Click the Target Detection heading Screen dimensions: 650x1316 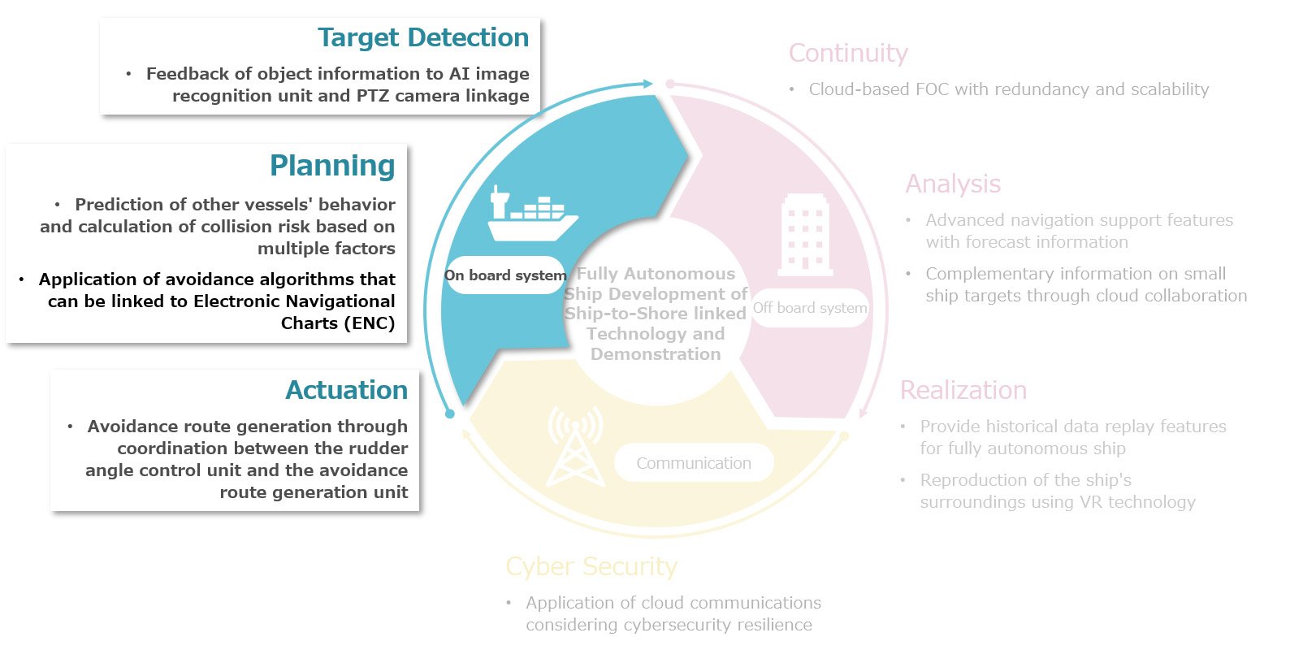(422, 38)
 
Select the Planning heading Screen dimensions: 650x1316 (332, 166)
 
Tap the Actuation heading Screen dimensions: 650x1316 (346, 391)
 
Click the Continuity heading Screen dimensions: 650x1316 (848, 54)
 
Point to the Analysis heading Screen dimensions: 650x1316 (953, 184)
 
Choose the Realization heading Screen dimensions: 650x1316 (963, 391)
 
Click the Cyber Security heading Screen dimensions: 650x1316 (591, 566)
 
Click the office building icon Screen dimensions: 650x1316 (805, 234)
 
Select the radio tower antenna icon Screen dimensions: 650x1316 (575, 445)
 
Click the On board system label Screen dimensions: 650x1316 (504, 275)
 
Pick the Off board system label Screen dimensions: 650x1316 (810, 308)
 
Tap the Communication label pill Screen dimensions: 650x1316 (693, 463)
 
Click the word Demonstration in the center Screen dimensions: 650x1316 (656, 354)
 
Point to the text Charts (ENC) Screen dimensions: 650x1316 (338, 323)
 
